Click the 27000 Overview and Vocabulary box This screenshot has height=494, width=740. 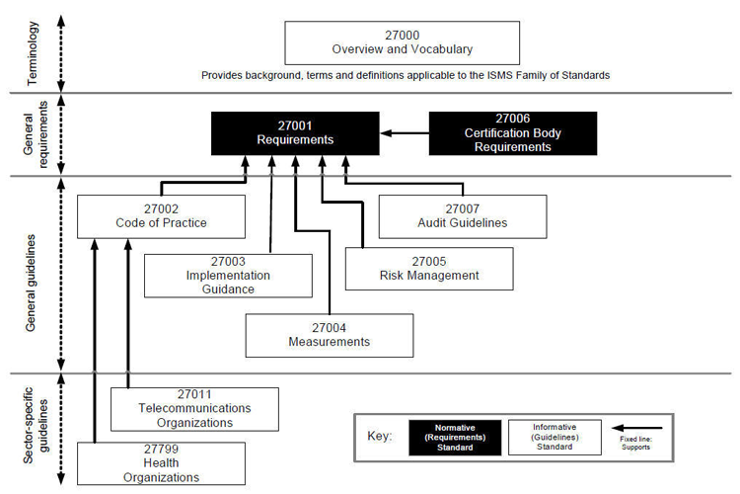pos(402,42)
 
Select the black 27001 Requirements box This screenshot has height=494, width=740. pos(295,133)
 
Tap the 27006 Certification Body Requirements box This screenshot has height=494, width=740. pos(512,133)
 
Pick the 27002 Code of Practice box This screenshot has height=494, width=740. pos(160,215)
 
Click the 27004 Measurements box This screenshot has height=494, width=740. pos(329,335)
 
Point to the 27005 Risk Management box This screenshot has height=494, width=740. pos(428,268)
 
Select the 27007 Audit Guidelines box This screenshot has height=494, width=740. pos(462,215)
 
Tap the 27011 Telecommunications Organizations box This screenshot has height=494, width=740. pos(192,408)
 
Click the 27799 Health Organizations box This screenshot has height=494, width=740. pos(160,463)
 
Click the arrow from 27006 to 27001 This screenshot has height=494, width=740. pos(404,133)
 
